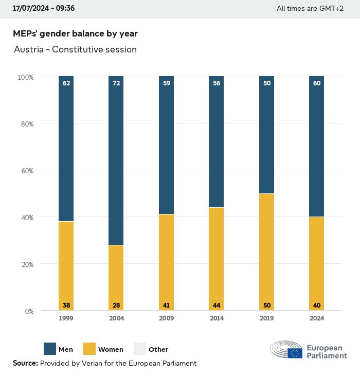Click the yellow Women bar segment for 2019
[266, 252]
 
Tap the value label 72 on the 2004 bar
[116, 82]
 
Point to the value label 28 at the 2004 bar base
[116, 306]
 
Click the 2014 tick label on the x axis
[217, 318]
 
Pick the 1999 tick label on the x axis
[66, 318]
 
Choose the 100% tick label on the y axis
[25, 77]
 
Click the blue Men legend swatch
[50, 349]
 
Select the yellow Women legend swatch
[89, 349]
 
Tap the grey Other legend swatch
[140, 349]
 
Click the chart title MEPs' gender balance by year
[75, 33]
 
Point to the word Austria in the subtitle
[28, 50]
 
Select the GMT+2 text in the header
[332, 8]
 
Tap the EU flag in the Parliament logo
[295, 353]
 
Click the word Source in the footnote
[24, 363]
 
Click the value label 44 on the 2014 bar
[217, 306]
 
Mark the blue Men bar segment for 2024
[317, 147]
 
